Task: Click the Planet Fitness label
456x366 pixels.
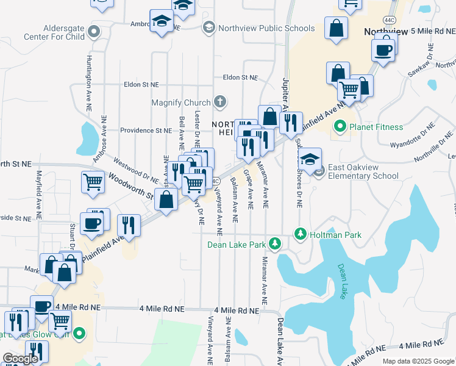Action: (376, 127)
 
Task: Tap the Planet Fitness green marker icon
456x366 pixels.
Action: (340, 127)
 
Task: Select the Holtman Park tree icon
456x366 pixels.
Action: (300, 234)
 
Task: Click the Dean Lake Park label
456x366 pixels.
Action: (237, 245)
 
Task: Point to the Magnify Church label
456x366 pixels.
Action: (182, 102)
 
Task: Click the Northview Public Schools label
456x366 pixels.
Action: (267, 28)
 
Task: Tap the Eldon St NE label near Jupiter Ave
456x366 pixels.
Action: (241, 78)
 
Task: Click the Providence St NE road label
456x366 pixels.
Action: (146, 131)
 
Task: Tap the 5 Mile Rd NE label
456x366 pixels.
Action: (432, 30)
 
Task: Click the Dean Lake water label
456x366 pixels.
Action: (344, 276)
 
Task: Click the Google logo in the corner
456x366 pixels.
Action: (20, 359)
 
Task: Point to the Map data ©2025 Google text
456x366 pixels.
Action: (418, 361)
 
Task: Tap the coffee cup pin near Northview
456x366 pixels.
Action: (383, 51)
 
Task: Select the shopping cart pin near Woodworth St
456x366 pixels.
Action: (92, 181)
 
